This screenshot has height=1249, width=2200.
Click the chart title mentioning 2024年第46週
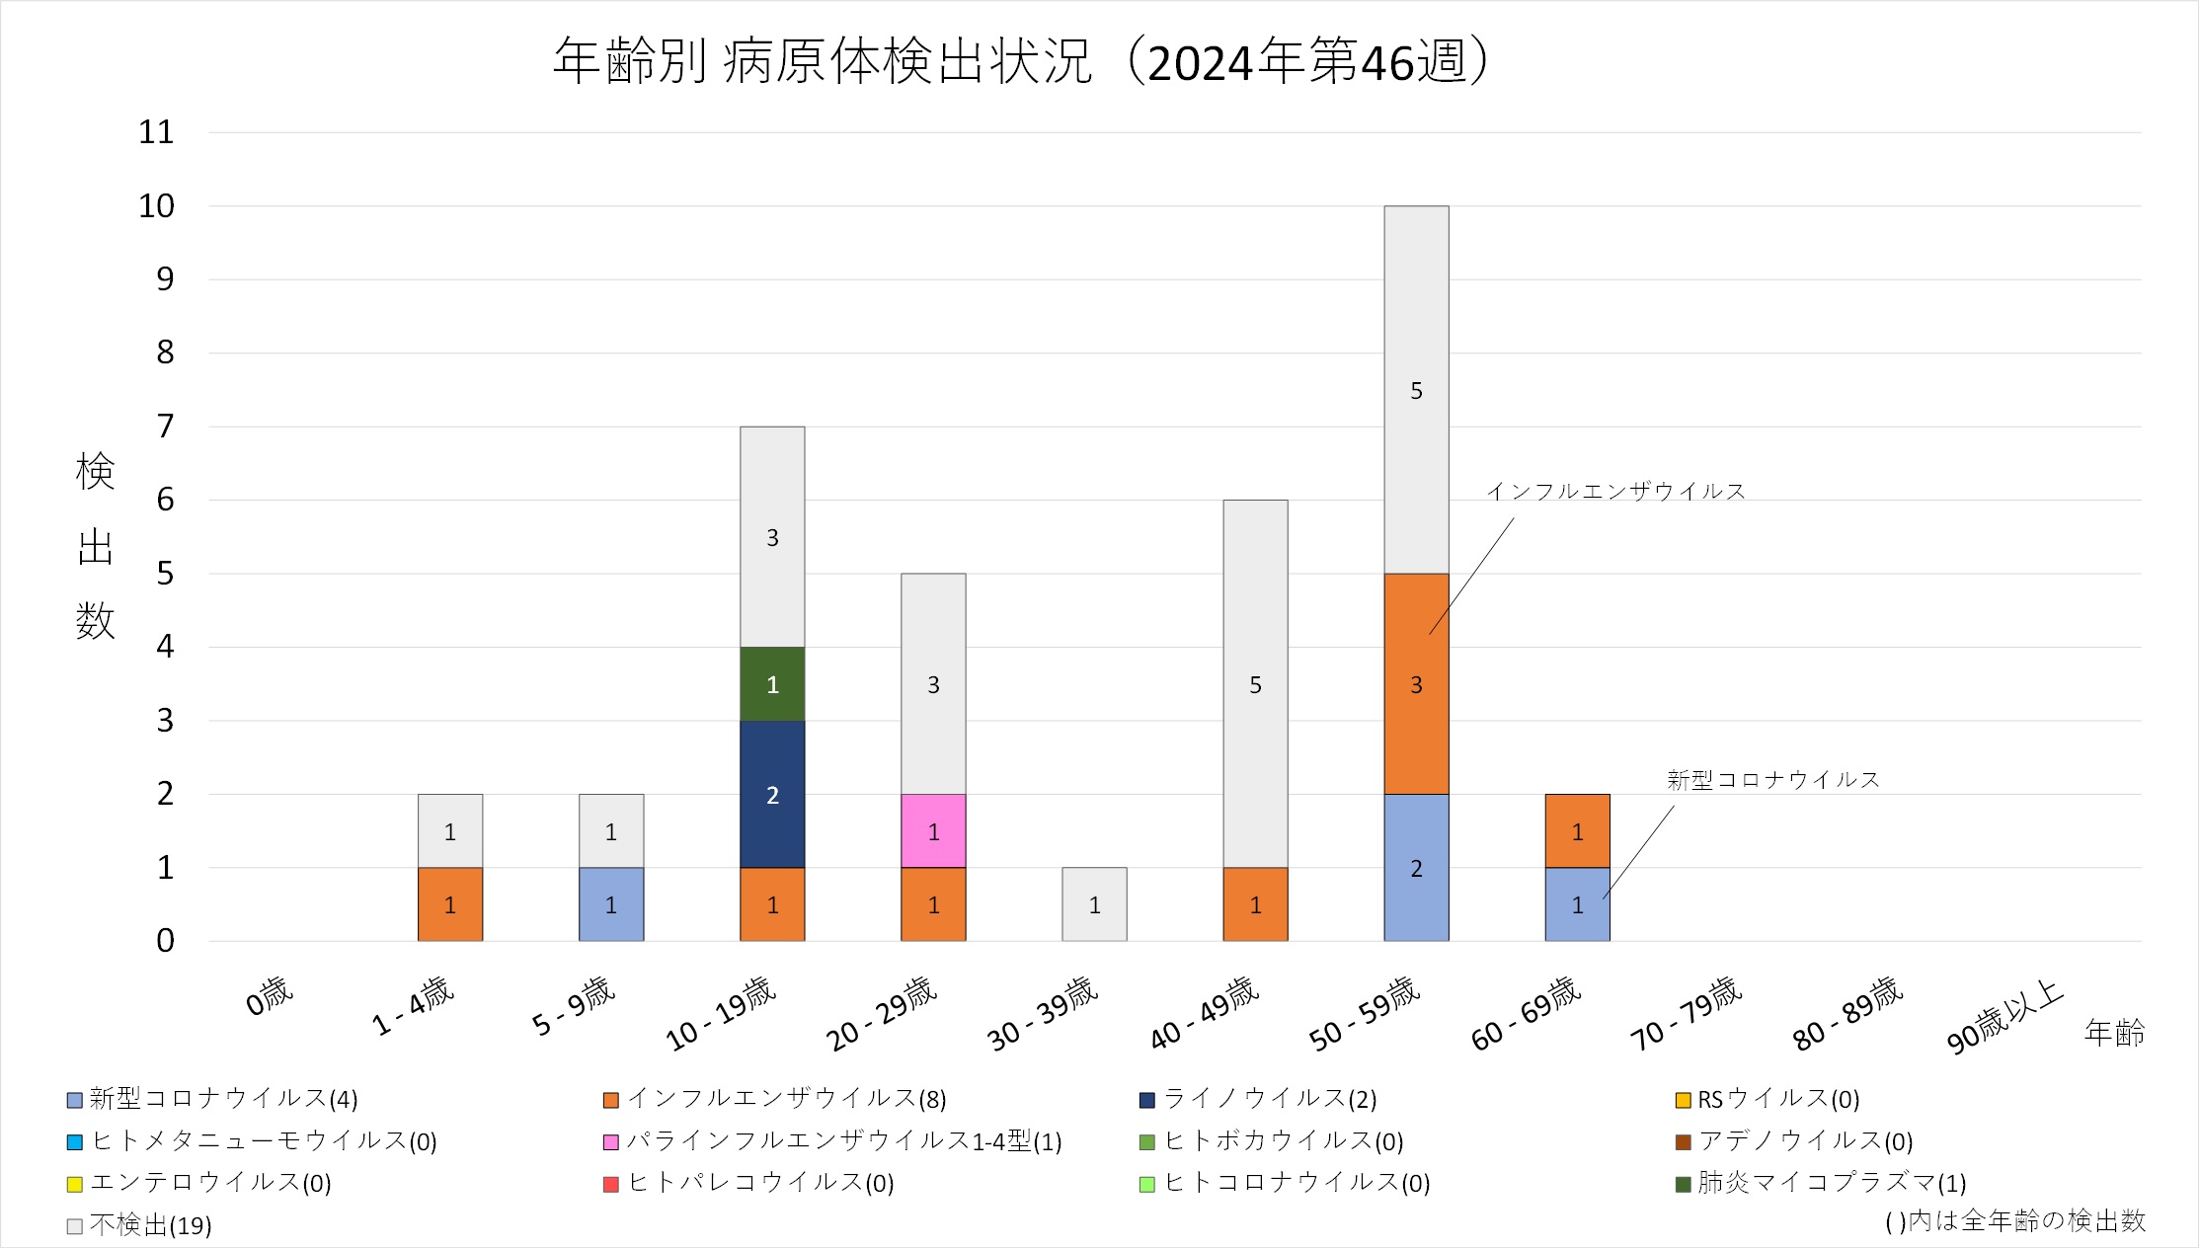tap(1021, 61)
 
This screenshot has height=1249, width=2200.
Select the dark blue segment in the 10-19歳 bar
tap(772, 794)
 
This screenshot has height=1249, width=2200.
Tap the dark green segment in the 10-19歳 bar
tap(772, 683)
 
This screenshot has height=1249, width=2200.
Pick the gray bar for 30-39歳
tap(1094, 903)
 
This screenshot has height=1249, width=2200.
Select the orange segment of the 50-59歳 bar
tap(1416, 683)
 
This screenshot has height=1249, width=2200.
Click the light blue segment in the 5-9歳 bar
tap(611, 903)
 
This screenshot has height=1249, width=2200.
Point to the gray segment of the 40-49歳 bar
tap(1255, 683)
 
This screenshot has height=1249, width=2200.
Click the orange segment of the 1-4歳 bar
tap(450, 903)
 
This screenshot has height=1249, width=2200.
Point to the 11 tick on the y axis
tap(156, 132)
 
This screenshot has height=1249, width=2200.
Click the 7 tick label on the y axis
tap(165, 427)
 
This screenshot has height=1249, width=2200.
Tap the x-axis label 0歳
tap(270, 995)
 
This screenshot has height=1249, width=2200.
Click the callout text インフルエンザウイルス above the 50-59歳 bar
tap(1615, 491)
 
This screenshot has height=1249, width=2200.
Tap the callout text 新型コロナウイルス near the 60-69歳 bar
tap(1772, 780)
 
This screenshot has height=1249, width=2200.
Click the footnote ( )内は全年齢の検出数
tap(2014, 1221)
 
